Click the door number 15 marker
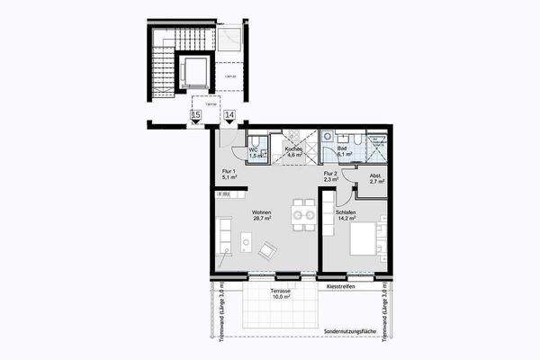click(195, 115)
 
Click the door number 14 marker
click(229, 115)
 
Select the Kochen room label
click(292, 152)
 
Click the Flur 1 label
click(228, 174)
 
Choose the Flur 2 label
click(329, 175)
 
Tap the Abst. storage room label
click(375, 178)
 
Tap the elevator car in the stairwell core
click(193, 71)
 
